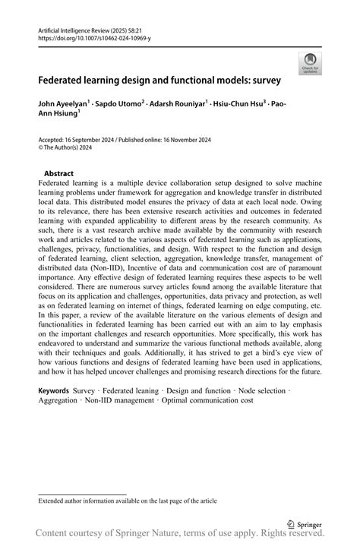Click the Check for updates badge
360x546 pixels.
click(x=310, y=64)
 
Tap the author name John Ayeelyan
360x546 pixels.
click(x=65, y=103)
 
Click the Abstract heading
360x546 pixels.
click(x=58, y=173)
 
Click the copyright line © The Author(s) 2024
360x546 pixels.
click(x=68, y=148)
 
